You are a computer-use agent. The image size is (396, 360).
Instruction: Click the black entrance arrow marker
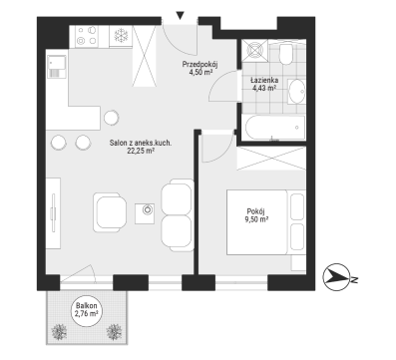coord(181,16)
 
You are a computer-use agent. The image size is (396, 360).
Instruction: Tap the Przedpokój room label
coord(198,64)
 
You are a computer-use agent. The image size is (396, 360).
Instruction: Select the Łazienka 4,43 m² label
coord(264,84)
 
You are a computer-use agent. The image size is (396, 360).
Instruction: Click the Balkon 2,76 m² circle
coord(87,310)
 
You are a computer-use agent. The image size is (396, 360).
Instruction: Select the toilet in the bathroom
coord(286,54)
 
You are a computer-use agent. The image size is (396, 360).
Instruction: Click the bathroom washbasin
coord(296,91)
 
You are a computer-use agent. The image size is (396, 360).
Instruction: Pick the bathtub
coord(275,128)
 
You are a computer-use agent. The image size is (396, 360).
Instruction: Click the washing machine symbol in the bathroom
coord(254,51)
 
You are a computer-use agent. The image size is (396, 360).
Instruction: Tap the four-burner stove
coord(87,36)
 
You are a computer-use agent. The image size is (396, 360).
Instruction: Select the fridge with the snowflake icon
coord(121,36)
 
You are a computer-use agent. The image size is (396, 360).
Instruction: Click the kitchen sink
coord(57,67)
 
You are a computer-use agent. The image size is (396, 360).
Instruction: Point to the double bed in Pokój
coord(266,222)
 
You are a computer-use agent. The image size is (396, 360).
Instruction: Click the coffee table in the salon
coord(145,213)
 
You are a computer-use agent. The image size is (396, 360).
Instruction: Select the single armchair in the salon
coord(110,212)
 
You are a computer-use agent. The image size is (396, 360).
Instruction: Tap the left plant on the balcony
coord(59,332)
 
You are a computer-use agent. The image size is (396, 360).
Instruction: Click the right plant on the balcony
coord(114,332)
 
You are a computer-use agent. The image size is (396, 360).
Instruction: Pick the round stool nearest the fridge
coord(111,117)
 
